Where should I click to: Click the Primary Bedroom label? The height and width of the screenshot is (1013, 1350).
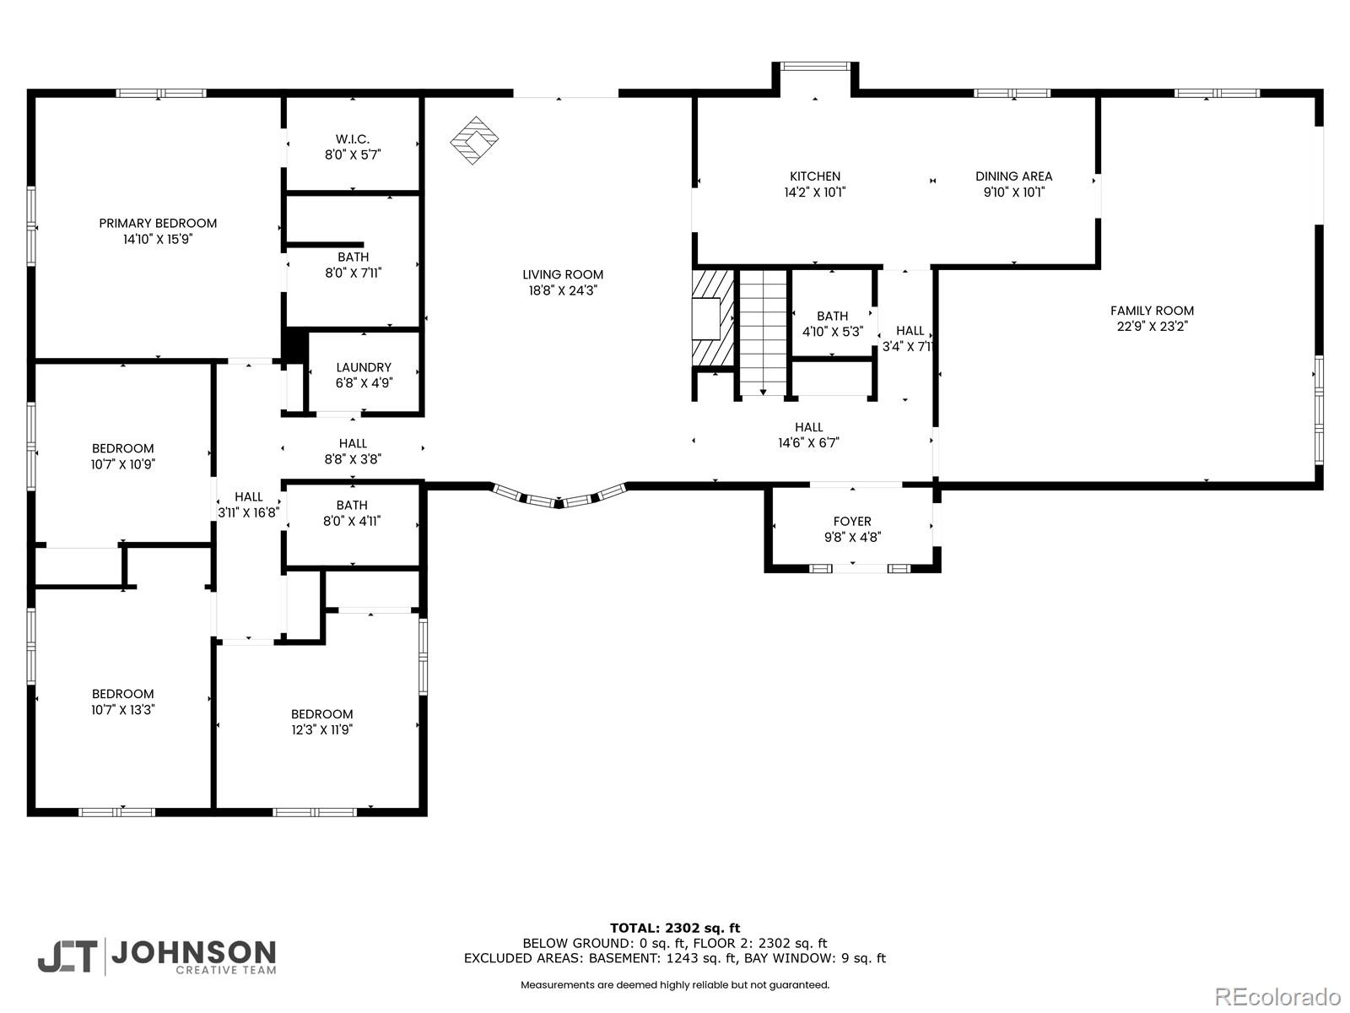(x=158, y=224)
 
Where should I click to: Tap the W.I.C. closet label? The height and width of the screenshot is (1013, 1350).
(x=353, y=139)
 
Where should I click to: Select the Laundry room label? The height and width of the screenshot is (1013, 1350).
(x=364, y=367)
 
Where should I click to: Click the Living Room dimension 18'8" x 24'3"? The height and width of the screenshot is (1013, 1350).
(x=563, y=290)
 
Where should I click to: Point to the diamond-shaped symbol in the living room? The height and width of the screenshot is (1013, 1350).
(x=473, y=140)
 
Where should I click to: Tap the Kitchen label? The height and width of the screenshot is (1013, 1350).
(x=815, y=176)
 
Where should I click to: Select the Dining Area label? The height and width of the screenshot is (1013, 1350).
(x=1013, y=176)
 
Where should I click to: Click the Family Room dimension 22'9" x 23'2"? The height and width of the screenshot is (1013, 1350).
(x=1152, y=327)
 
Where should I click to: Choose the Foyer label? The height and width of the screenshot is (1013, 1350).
(x=852, y=522)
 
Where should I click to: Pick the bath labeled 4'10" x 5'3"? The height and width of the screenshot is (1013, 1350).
(x=832, y=324)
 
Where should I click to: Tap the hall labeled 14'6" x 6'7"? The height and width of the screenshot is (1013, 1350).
(x=808, y=435)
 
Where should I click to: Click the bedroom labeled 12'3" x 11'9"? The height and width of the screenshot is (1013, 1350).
(x=321, y=722)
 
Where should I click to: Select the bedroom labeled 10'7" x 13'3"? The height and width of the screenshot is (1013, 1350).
(x=123, y=702)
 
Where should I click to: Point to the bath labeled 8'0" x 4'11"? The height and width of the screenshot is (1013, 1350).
(x=352, y=513)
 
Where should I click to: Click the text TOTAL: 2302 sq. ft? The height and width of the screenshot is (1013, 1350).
(x=675, y=928)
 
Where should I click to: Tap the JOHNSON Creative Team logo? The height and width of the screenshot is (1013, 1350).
(x=157, y=956)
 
